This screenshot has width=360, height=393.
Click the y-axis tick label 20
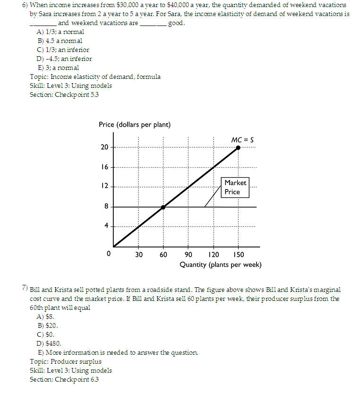coord(104,147)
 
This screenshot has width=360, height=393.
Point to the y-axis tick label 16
coord(104,167)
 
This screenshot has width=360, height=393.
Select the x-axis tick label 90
coord(189,255)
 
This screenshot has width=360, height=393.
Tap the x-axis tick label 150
coord(239,255)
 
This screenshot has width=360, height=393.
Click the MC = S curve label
coord(242,140)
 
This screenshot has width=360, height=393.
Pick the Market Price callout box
coord(235,187)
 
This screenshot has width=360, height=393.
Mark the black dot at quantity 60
coord(163,207)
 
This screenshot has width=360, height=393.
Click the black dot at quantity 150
coord(238,147)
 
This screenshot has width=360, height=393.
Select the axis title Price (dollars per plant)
coord(135,125)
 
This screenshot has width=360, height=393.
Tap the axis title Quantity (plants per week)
coord(220,265)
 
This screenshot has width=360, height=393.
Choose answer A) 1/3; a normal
coord(60,32)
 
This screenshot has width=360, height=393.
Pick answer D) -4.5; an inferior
coord(64,59)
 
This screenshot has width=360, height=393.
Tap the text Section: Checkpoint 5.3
coord(64,94)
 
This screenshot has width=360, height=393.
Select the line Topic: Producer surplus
coord(65,361)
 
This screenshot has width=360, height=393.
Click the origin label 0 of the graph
coord(109,254)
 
